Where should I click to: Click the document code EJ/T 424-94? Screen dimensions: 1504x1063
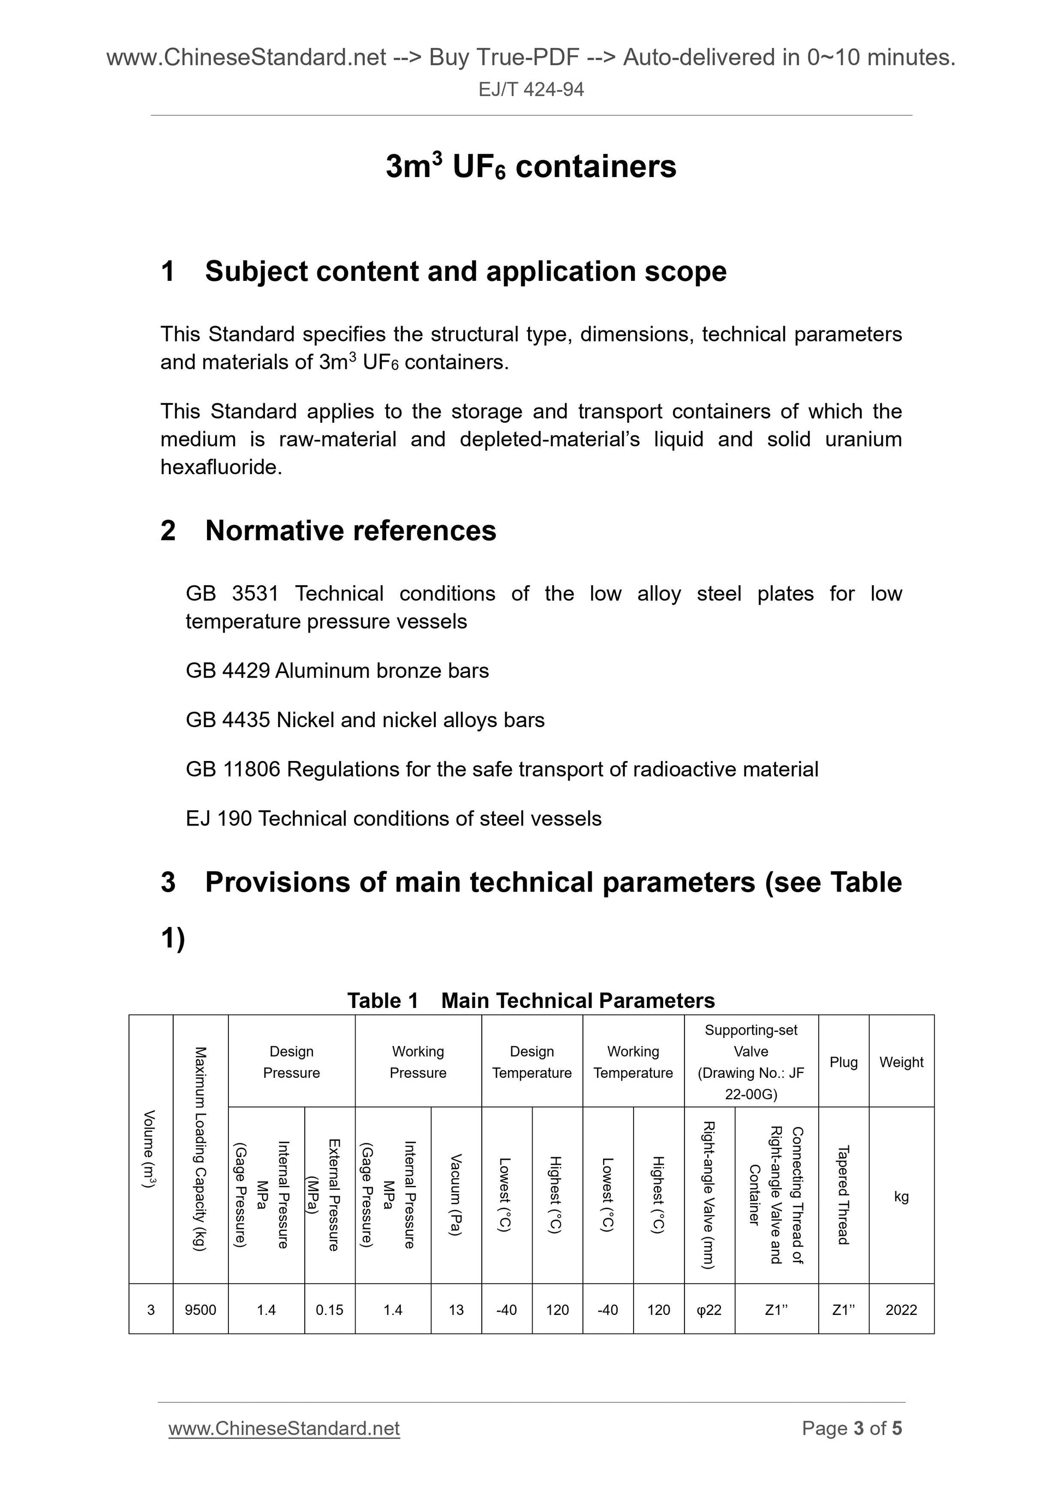[530, 89]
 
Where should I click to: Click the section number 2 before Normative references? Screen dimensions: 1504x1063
[168, 530]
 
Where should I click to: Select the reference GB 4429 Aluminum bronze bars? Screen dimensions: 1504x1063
[337, 671]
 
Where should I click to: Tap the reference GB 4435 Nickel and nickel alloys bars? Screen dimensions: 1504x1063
[365, 720]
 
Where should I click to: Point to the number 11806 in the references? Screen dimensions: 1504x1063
[251, 769]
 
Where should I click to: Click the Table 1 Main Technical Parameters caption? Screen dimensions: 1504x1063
[530, 1000]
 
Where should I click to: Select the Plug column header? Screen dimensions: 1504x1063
[843, 1062]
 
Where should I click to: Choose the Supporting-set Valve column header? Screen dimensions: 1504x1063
[751, 1062]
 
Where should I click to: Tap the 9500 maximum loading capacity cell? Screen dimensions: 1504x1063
[200, 1310]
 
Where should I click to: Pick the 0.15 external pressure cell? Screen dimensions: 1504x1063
[329, 1310]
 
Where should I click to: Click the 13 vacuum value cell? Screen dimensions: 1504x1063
[456, 1310]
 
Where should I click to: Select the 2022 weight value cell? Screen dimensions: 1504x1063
[901, 1310]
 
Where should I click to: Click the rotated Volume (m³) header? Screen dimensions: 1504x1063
[150, 1149]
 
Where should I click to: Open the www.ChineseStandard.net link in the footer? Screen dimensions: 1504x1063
[284, 1428]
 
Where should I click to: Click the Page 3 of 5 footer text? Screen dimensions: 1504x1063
[852, 1428]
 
